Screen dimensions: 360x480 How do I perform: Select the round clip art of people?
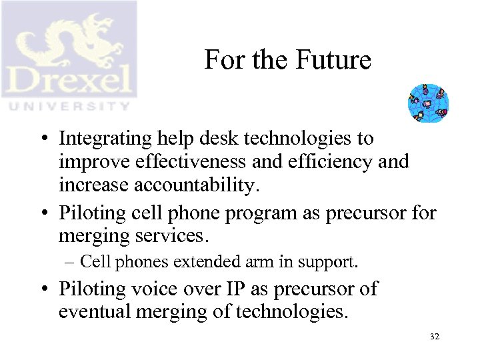click(428, 103)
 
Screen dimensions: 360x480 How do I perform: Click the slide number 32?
click(435, 337)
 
